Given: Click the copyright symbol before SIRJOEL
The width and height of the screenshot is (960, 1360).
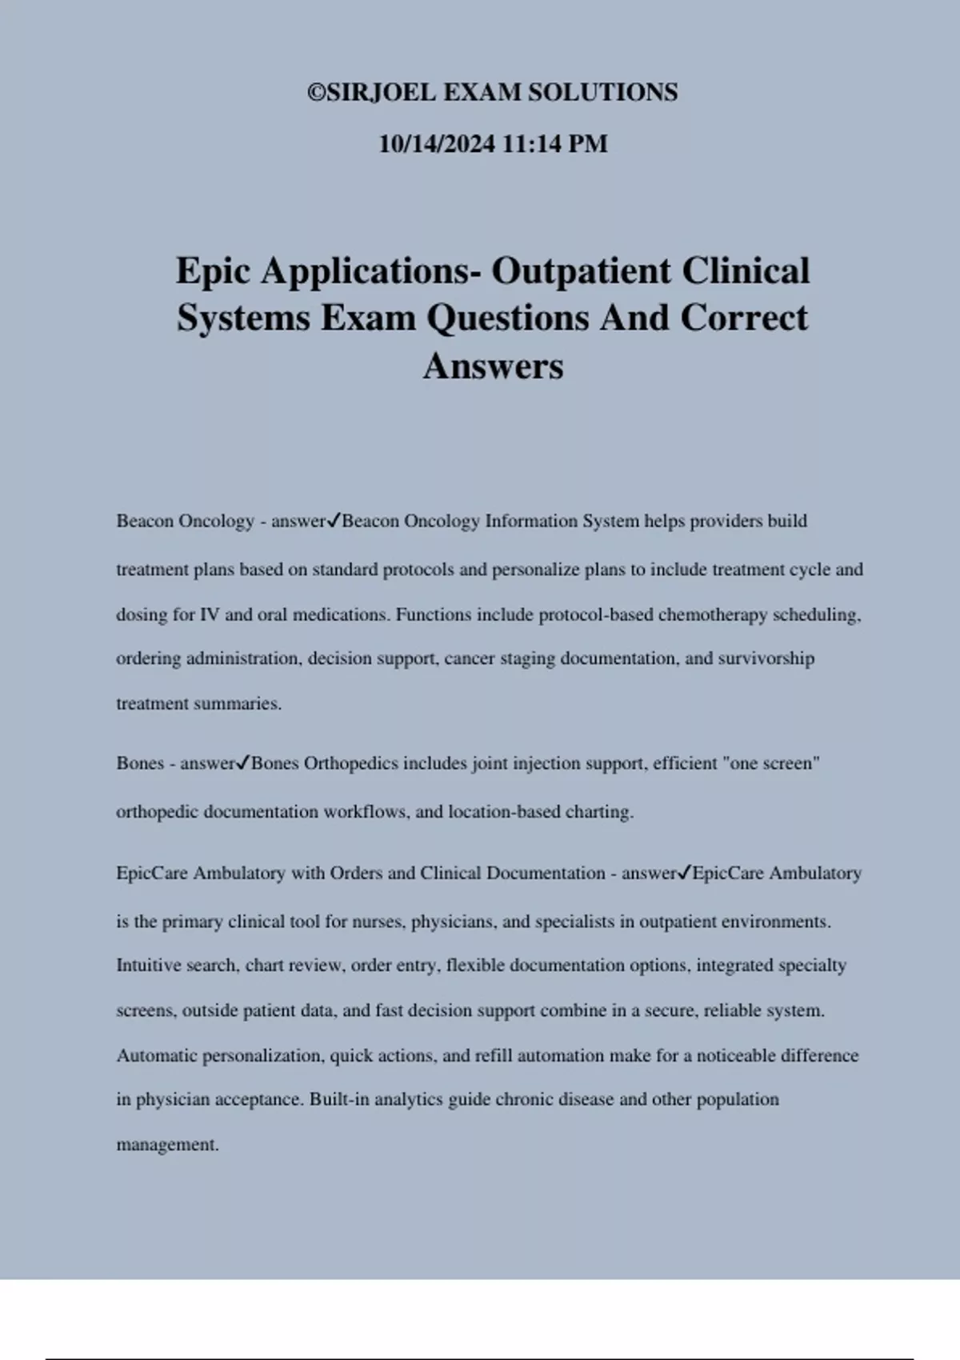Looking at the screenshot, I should coord(316,93).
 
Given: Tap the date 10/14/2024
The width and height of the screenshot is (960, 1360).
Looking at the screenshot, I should coord(437,144).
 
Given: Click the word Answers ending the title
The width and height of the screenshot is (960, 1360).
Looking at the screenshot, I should coord(493,366).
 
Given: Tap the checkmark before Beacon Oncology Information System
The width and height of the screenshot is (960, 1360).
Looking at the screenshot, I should coord(334,521).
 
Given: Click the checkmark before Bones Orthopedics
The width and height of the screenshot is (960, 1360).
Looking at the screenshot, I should coord(244,763).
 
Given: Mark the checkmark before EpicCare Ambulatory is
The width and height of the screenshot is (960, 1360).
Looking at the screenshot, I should coord(685,873).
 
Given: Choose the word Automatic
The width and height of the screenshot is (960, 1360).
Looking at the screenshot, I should coord(157,1055).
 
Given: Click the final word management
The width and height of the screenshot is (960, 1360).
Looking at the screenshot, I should coord(167,1145).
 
